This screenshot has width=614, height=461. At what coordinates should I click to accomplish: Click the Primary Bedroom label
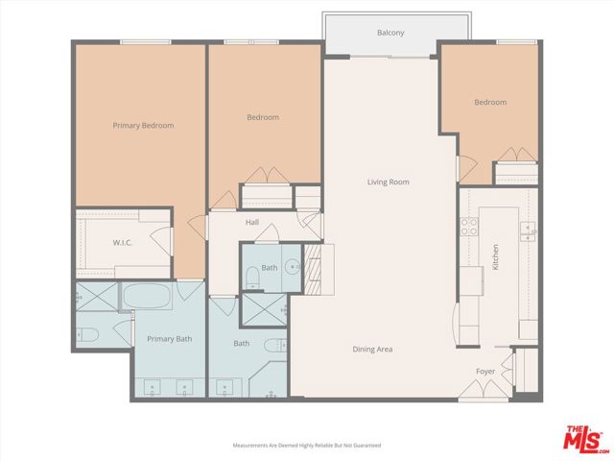pos(143,125)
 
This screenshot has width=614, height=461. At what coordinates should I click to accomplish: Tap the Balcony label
pos(390,34)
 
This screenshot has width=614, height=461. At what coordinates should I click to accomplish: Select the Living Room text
pos(388,182)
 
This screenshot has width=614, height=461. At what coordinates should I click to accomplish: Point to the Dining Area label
pos(372,349)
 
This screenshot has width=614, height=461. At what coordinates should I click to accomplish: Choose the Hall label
pos(252,222)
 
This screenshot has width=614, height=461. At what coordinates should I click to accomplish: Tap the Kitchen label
pos(495,256)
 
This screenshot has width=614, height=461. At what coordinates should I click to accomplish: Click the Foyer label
pos(485,370)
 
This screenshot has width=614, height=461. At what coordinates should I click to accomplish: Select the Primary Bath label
pos(168,337)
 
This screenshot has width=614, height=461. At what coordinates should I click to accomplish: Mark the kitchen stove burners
pos(470,227)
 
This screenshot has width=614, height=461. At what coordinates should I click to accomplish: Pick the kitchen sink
pos(527,230)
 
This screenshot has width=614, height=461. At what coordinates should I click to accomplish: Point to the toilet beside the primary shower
pos(87,335)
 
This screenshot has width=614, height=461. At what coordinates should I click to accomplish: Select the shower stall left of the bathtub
pos(96,296)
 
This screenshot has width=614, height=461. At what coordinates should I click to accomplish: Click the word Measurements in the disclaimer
pos(250,446)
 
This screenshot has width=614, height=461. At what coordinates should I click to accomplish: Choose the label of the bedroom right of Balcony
pos(489,102)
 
